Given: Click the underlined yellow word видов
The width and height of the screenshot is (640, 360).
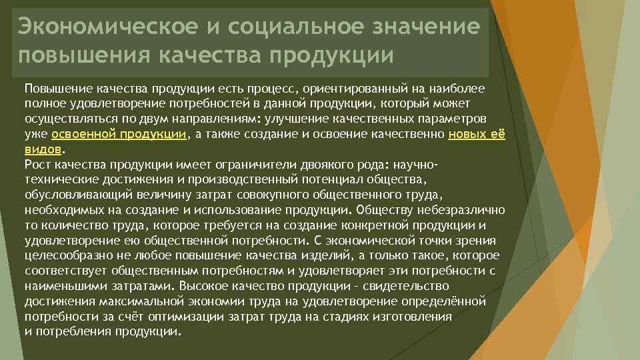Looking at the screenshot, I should coord(43,149).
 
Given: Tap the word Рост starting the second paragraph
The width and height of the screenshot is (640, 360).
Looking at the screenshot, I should coord(36,164).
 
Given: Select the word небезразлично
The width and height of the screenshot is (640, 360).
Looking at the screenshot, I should coord(465,210).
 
